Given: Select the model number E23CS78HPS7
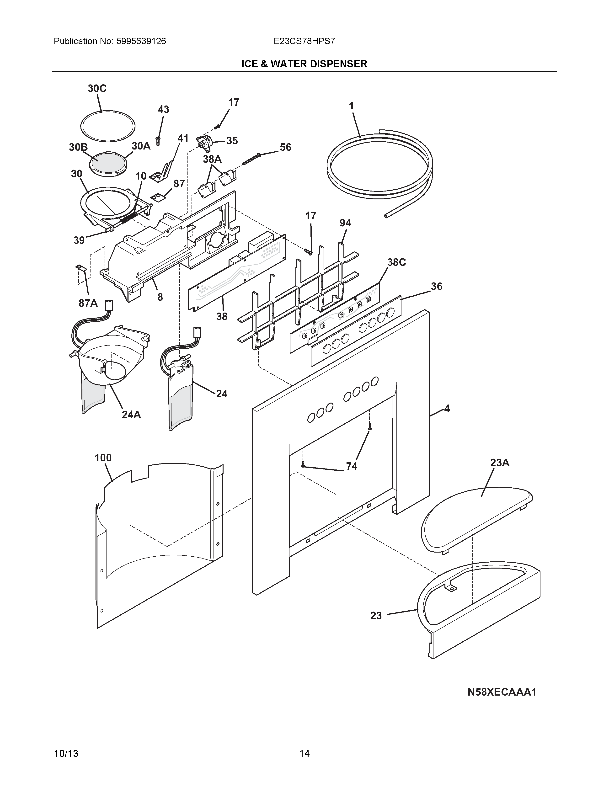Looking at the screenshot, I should click(304, 41).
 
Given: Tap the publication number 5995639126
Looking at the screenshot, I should click(141, 41).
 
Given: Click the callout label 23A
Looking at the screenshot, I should click(500, 463).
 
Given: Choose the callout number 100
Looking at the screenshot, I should click(103, 458).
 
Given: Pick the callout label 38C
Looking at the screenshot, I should click(396, 262).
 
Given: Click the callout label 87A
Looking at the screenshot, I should click(88, 303).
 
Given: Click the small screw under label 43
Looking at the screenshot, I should click(158, 141).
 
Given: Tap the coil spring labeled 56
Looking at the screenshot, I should click(251, 159).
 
